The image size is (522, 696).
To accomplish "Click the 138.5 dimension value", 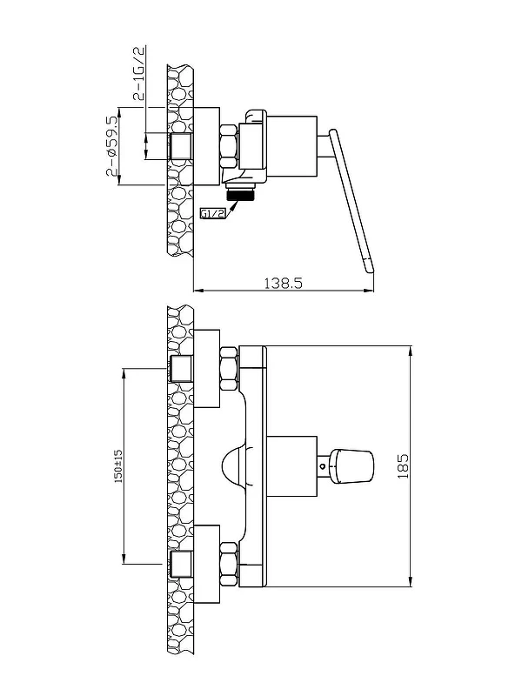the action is click(284, 283).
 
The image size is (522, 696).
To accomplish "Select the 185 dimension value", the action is click(403, 465).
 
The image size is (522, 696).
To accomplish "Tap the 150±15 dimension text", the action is click(119, 466).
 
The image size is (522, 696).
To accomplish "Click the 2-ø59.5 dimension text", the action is click(113, 146).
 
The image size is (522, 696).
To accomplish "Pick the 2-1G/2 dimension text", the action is click(139, 73).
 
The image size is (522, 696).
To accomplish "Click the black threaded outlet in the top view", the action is click(240, 194).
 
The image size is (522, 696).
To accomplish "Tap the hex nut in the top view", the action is click(229, 146).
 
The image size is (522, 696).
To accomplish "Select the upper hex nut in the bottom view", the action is click(230, 369).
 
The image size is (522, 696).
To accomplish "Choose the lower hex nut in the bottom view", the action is click(230, 564).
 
